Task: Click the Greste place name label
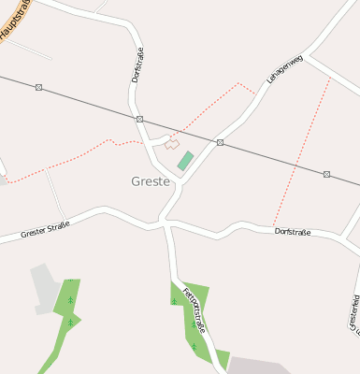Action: click(151, 181)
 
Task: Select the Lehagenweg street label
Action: click(286, 72)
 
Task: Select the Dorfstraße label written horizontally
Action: click(293, 231)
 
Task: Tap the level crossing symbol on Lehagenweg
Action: click(220, 143)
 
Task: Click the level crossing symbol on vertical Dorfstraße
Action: click(139, 120)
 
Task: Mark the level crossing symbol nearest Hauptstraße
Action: click(38, 87)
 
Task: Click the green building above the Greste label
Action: click(185, 161)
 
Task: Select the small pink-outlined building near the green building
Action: click(171, 144)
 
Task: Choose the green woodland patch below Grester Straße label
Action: click(67, 309)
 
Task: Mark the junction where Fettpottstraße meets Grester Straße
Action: click(166, 223)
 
